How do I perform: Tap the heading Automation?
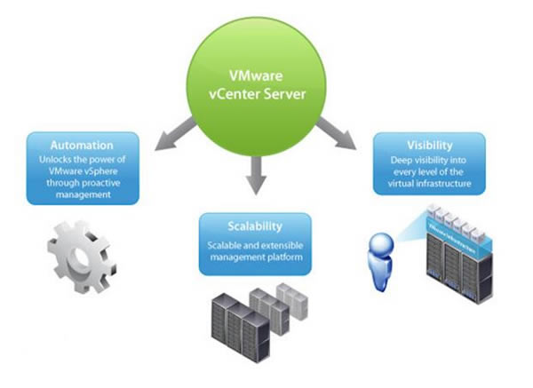click(81, 145)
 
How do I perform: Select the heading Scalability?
click(255, 226)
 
